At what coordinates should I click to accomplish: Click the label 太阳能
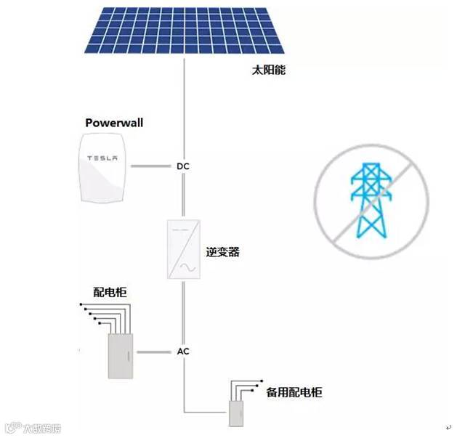pyautogui.click(x=264, y=71)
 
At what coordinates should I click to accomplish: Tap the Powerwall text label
pyautogui.click(x=114, y=123)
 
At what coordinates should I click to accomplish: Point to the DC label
pyautogui.click(x=183, y=166)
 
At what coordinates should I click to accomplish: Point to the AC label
pyautogui.click(x=183, y=352)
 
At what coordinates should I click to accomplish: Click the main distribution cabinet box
pyautogui.click(x=122, y=355)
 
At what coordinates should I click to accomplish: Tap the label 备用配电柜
pyautogui.click(x=294, y=392)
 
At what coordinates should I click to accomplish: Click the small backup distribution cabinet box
pyautogui.click(x=236, y=413)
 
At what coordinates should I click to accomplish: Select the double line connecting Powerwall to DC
pyautogui.click(x=152, y=166)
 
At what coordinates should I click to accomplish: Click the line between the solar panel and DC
pyautogui.click(x=183, y=109)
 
